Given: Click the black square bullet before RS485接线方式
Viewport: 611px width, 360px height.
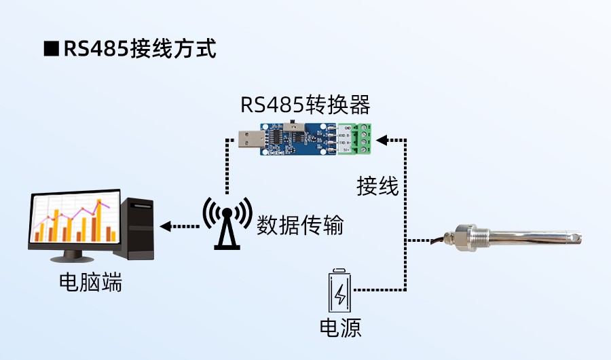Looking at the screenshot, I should [x=50, y=50].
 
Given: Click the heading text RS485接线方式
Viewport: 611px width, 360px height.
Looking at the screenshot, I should [x=139, y=49].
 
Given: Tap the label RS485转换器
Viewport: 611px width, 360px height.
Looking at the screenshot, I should [x=305, y=105].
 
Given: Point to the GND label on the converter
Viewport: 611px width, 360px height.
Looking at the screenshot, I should [x=348, y=128].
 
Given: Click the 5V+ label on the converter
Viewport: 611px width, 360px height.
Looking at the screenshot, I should [x=347, y=151].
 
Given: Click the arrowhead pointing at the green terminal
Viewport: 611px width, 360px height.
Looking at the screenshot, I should [x=382, y=140].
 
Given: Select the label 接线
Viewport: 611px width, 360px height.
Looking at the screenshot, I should [x=377, y=185].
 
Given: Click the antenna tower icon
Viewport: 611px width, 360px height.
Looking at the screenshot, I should [x=227, y=223].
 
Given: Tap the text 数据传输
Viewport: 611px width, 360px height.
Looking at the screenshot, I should [x=299, y=224].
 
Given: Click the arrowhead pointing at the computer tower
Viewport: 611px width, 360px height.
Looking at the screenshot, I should [x=165, y=226].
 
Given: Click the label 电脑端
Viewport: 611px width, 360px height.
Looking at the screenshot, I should [x=90, y=283].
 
